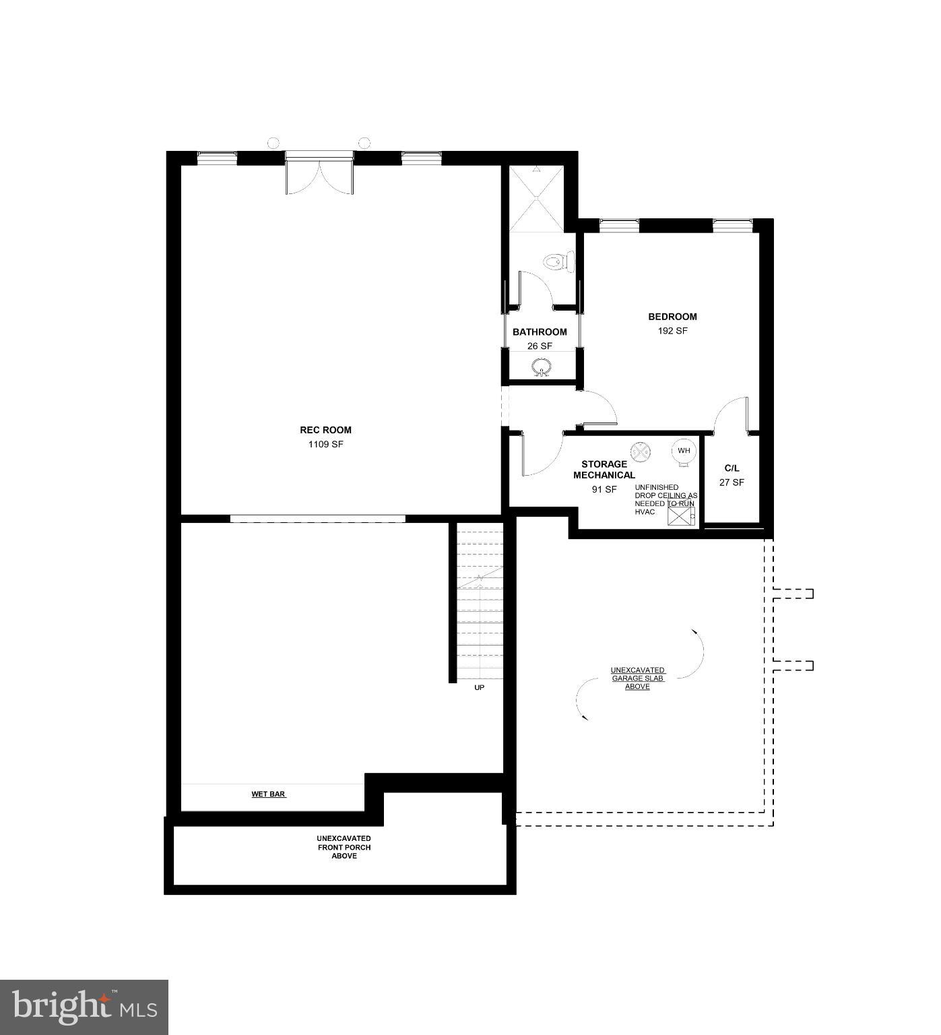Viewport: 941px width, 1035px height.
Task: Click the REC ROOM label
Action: click(325, 430)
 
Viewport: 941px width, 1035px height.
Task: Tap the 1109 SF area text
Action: click(325, 445)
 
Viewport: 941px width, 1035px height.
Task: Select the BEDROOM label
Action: click(672, 317)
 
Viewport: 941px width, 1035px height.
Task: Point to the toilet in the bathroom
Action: click(558, 261)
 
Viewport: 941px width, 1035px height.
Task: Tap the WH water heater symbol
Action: click(684, 451)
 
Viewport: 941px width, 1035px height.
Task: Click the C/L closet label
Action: click(732, 468)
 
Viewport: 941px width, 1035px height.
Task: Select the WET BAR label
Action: click(268, 794)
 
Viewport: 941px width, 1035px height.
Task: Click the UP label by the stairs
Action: click(479, 688)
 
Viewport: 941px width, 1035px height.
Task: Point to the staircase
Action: click(480, 603)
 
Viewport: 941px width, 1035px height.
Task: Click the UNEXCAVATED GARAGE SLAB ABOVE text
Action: click(637, 679)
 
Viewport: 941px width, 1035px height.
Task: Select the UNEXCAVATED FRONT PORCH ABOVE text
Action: click(344, 847)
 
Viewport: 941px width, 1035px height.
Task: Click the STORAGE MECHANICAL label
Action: click(604, 470)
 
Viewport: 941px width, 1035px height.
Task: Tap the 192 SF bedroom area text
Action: click(672, 331)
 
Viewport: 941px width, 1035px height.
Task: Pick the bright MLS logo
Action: click(84, 1007)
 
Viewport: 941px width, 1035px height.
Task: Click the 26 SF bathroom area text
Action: click(540, 346)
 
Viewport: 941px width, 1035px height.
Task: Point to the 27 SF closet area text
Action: click(732, 482)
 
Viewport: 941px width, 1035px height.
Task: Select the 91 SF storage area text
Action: click(604, 490)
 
